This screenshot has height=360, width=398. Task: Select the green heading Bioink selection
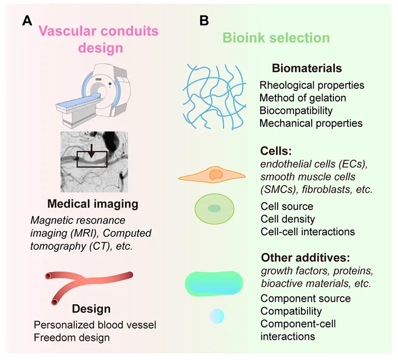[x=276, y=38]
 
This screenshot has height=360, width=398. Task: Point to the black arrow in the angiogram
[x=90, y=151]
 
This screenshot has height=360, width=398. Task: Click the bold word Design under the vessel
[x=92, y=309]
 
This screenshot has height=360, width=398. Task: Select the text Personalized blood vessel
[x=95, y=325]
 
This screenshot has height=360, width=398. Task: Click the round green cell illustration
[x=213, y=209]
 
